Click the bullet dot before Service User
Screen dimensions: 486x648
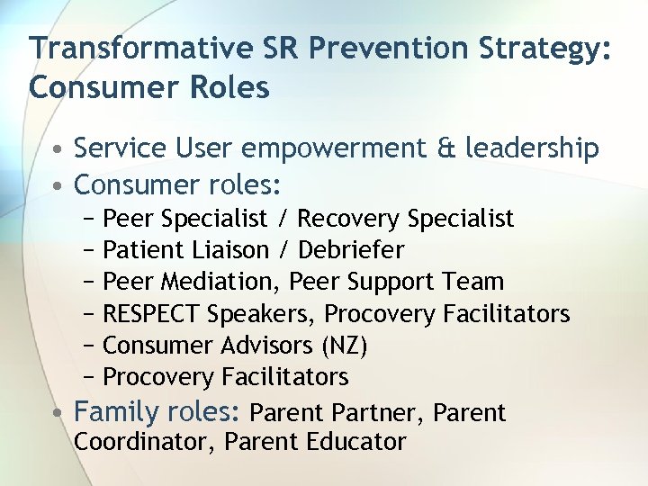(x=56, y=149)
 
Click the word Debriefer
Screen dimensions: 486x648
(x=351, y=249)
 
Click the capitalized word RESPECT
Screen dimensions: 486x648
(x=152, y=313)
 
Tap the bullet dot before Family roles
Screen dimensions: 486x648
(x=56, y=413)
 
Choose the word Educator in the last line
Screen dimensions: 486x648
(x=359, y=442)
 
